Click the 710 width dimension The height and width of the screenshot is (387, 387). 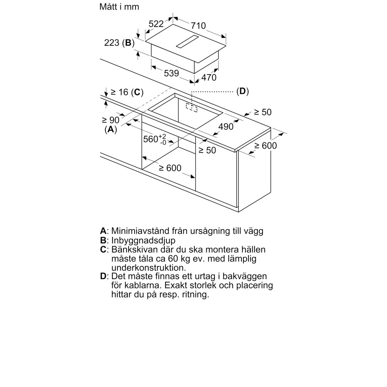click(198, 26)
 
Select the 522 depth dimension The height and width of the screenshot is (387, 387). click(156, 24)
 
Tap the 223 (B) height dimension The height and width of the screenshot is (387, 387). click(119, 43)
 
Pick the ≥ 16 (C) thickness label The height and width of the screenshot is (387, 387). click(127, 92)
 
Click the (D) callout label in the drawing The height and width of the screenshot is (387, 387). click(242, 92)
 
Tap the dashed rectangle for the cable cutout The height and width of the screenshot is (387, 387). click(191, 107)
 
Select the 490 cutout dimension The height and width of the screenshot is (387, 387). click(226, 126)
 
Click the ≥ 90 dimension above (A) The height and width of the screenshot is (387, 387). click(111, 120)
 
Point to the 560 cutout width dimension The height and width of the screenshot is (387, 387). click(154, 139)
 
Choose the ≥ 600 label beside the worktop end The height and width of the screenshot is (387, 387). click(266, 146)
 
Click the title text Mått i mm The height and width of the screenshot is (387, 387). click(119, 7)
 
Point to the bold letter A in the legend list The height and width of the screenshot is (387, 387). click(103, 231)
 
